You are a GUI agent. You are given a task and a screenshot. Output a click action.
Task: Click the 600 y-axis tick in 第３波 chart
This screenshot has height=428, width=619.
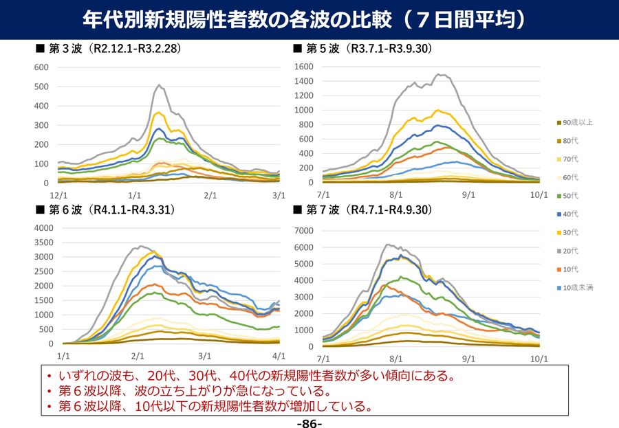41,67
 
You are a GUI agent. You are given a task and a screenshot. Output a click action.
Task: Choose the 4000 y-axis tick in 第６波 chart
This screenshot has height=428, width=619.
43,228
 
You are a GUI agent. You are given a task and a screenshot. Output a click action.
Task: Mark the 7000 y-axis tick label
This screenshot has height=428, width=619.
304,231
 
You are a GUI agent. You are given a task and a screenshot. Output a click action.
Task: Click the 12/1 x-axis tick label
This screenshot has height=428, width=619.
64,196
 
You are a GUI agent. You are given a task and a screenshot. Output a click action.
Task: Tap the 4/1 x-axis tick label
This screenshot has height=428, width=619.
279,357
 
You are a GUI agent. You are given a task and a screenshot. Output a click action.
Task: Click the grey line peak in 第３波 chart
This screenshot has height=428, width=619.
160,85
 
